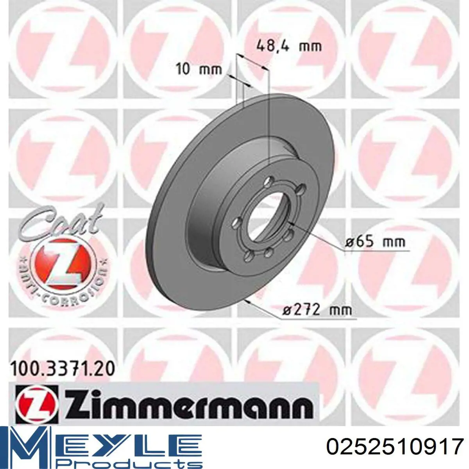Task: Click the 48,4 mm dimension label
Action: click(x=289, y=47)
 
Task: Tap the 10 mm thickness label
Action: click(x=199, y=70)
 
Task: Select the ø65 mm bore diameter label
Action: click(x=375, y=242)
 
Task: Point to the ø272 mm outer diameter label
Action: click(x=317, y=310)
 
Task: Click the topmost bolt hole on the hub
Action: click(x=268, y=181)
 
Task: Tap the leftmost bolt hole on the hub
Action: click(x=235, y=223)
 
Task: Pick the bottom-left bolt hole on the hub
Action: click(x=247, y=256)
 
